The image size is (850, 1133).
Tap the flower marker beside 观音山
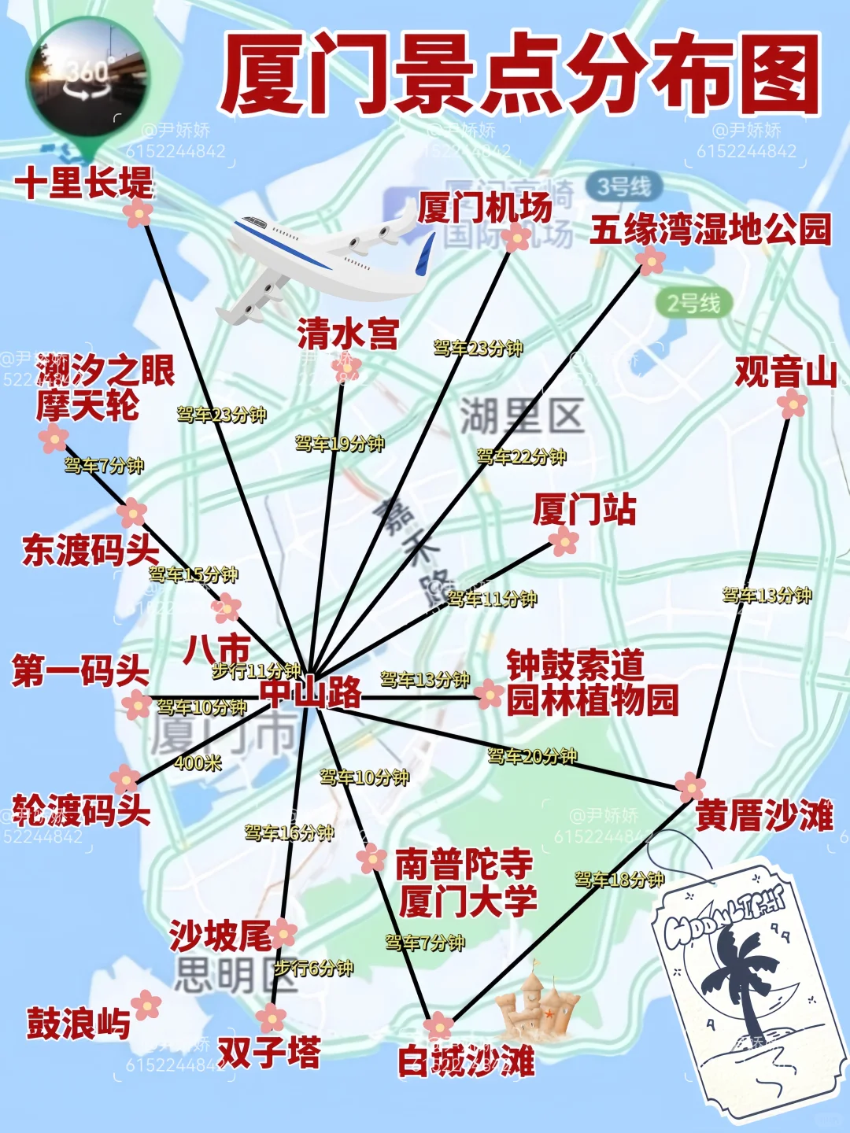(792, 404)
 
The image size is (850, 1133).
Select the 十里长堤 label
(83, 183)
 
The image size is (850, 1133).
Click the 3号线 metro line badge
(623, 187)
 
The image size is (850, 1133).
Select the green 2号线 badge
(693, 303)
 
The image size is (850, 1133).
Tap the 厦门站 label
(583, 509)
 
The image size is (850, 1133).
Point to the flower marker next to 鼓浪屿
(146, 1005)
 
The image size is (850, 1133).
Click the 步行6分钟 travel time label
(313, 968)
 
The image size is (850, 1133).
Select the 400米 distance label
(198, 762)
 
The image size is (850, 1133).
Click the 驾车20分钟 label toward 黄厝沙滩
(532, 756)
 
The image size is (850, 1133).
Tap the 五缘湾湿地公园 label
(710, 230)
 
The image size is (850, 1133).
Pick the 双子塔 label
(269, 1052)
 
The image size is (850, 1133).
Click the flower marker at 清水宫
(346, 367)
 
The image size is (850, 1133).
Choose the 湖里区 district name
(522, 416)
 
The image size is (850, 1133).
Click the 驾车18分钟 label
(619, 879)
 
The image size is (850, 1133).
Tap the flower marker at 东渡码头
(132, 513)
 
